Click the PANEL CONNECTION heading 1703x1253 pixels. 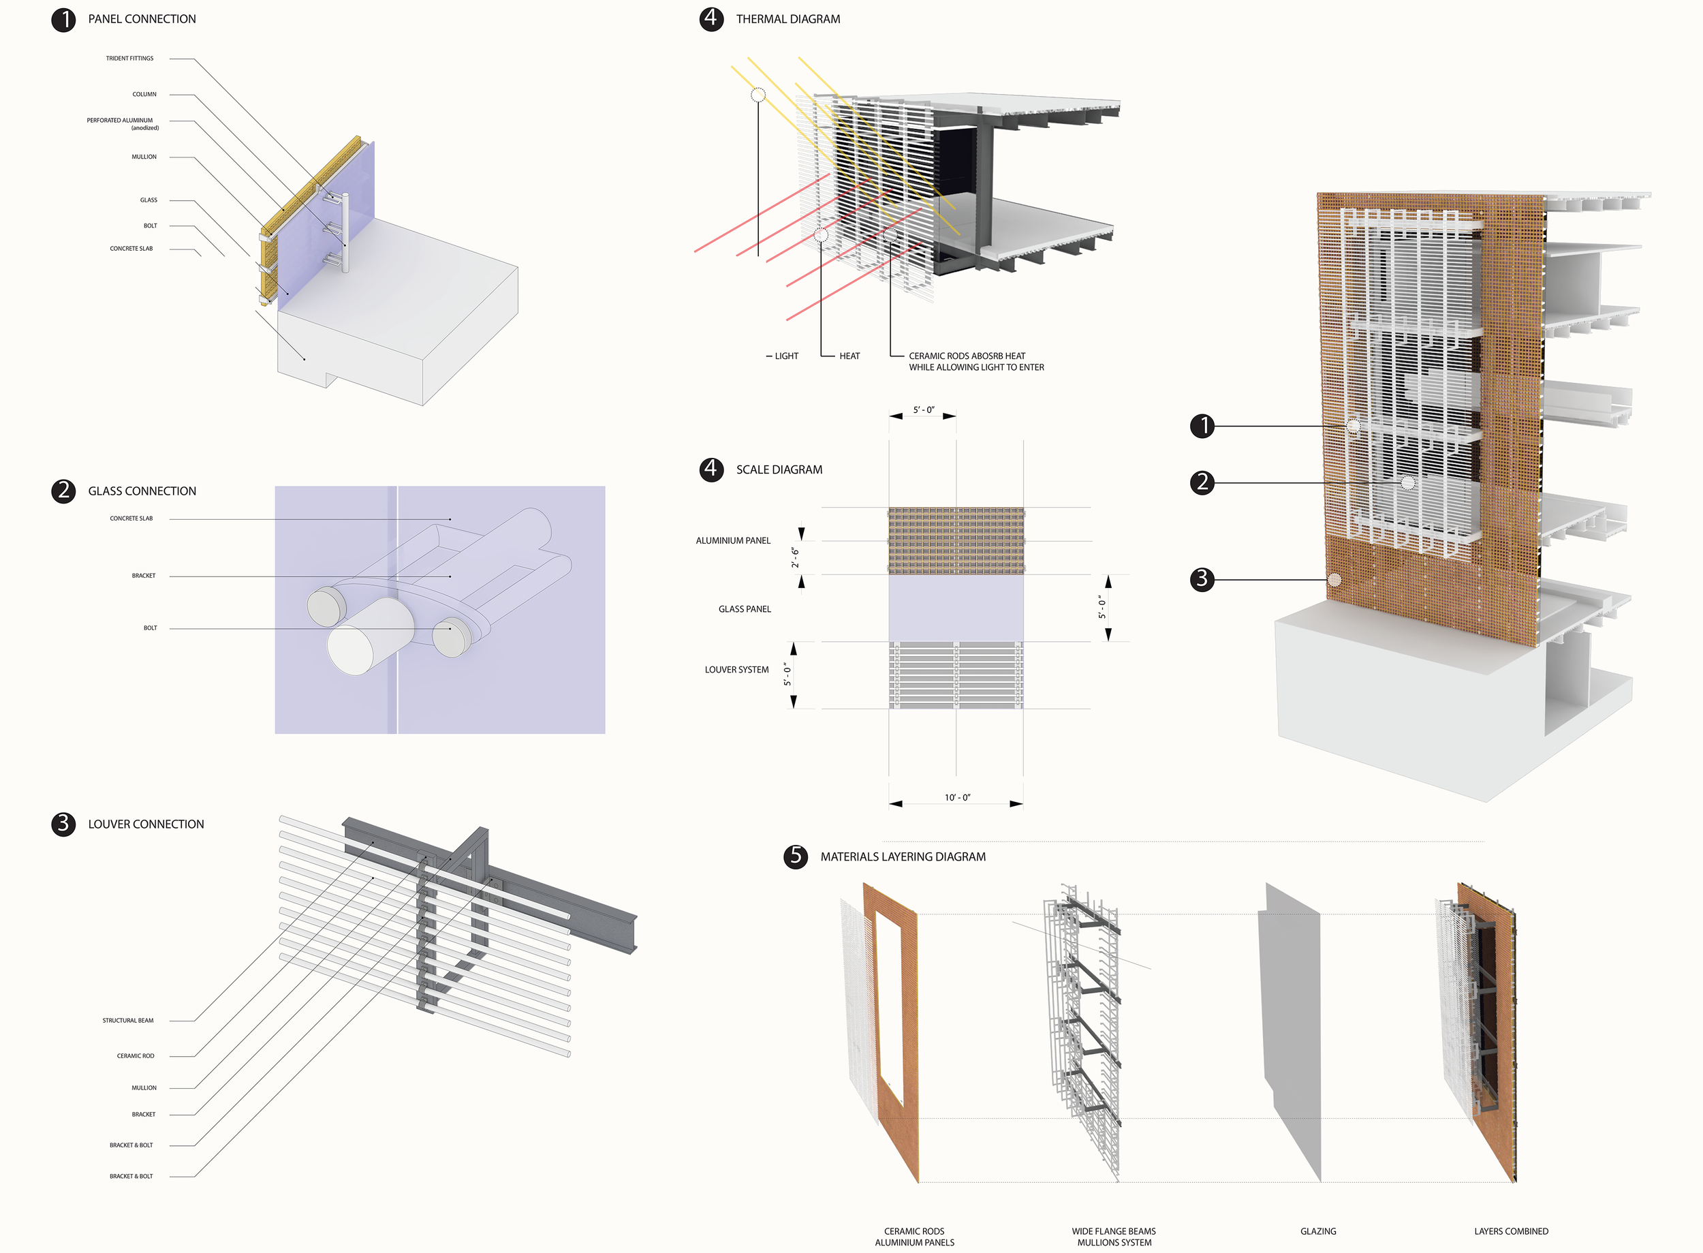(x=142, y=19)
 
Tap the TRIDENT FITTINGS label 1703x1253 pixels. (x=129, y=59)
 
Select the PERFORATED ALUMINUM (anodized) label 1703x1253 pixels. (x=122, y=123)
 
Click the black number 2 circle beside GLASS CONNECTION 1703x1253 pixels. (x=63, y=491)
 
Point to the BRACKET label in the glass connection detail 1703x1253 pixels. (x=143, y=576)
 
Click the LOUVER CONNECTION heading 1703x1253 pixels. (x=146, y=824)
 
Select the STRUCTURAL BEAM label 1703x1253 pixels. (x=128, y=1020)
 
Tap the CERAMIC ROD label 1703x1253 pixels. (x=136, y=1056)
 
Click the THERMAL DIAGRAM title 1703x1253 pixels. (x=788, y=19)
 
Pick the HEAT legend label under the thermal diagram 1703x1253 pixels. (x=849, y=356)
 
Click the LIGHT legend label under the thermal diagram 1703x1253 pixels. (x=786, y=356)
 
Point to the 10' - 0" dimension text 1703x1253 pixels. (x=957, y=797)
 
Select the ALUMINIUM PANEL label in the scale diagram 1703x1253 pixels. (x=732, y=541)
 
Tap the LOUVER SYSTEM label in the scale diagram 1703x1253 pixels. (x=736, y=670)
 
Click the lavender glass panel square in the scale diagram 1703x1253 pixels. (x=955, y=608)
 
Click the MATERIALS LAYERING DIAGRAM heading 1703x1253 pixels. (x=903, y=856)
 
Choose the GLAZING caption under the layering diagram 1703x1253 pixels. (x=1318, y=1231)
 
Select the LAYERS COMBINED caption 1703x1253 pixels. (x=1510, y=1231)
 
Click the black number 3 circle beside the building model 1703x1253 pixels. (x=1202, y=579)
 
